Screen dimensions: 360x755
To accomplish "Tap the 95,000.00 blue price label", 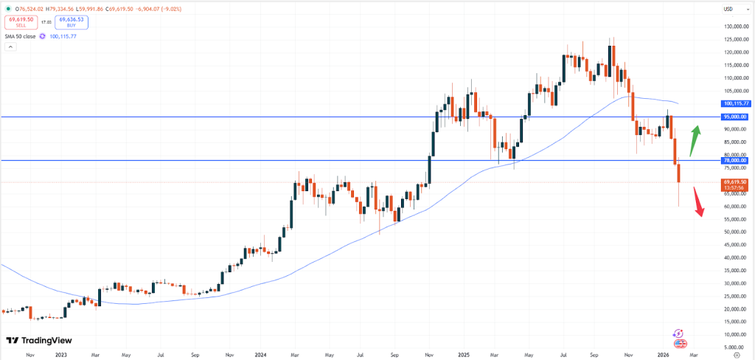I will tap(735, 117).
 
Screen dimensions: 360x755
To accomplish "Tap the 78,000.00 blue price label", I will tap(735, 160).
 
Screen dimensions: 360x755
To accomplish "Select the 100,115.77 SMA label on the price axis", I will tap(735, 104).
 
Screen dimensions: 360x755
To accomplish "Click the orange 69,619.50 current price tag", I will tap(735, 181).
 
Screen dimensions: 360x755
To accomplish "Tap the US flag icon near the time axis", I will tap(680, 343).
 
